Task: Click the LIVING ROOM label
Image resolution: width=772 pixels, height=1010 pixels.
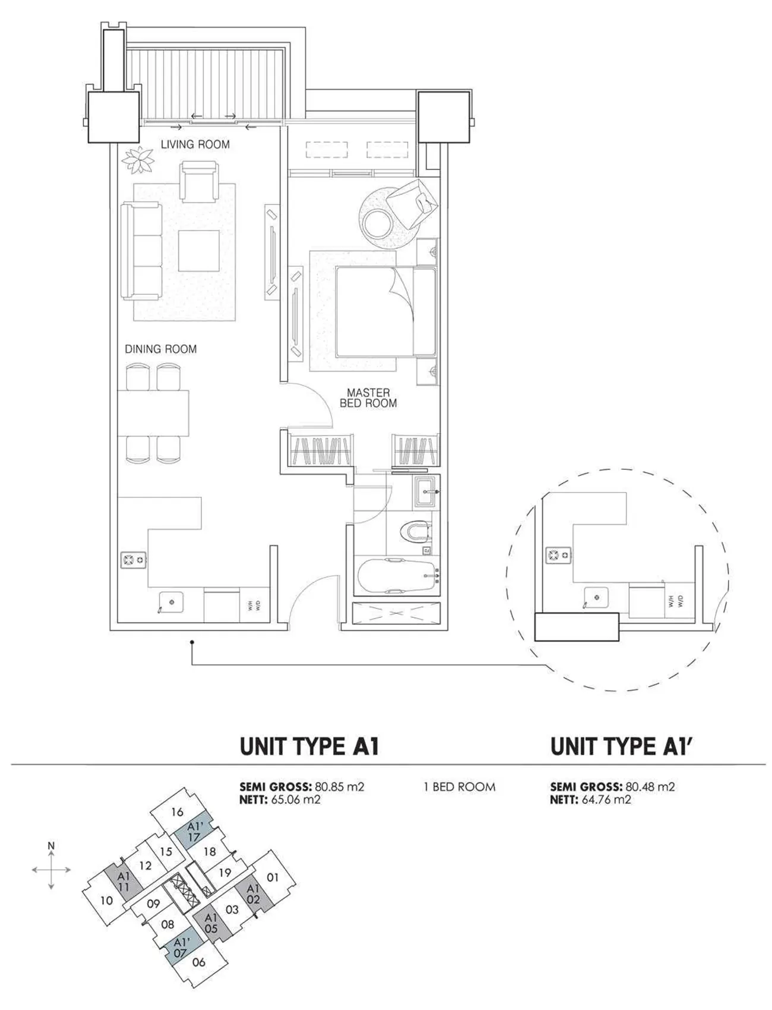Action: [195, 144]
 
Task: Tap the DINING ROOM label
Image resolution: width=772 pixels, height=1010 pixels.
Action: [160, 349]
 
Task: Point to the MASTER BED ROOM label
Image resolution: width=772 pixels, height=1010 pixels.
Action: [368, 397]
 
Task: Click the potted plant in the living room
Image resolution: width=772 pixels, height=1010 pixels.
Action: [139, 160]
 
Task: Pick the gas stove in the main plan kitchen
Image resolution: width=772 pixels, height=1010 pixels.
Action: [133, 559]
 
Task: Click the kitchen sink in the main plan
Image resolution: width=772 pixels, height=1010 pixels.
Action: [170, 602]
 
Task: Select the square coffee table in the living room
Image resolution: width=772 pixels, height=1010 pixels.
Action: [198, 251]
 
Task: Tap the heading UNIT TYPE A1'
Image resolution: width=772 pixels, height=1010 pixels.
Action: [622, 747]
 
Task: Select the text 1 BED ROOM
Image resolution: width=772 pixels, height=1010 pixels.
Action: [459, 787]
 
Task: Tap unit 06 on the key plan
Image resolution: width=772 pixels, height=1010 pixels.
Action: [199, 962]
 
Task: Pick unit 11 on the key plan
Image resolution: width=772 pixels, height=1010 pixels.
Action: [124, 882]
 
